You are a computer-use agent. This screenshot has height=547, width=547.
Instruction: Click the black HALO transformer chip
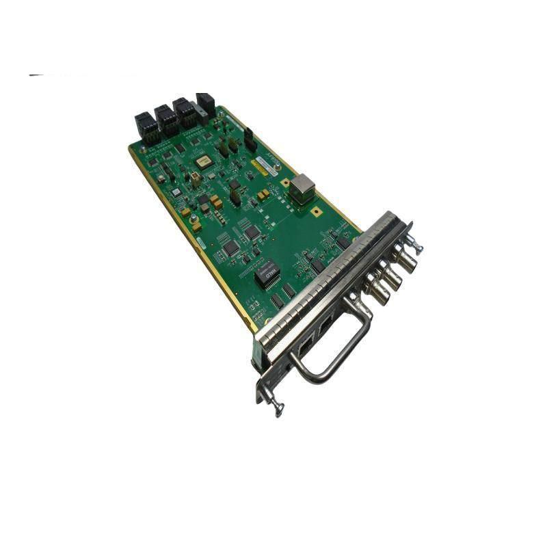click(x=267, y=273)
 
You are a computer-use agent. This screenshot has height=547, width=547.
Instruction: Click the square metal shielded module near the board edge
click(x=302, y=187)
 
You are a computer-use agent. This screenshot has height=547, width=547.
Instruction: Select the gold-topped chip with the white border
click(x=202, y=162)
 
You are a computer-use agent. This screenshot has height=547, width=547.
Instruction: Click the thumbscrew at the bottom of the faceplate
click(x=276, y=408)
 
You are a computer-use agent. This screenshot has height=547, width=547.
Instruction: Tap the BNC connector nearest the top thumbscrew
click(x=402, y=261)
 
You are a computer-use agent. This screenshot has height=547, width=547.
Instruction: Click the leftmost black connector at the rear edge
click(x=146, y=126)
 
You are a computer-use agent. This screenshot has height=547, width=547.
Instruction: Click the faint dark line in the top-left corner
click(x=38, y=75)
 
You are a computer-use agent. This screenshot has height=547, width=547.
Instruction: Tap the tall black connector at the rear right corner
click(x=205, y=104)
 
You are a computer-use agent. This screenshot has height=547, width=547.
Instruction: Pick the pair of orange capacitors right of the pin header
click(x=263, y=196)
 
